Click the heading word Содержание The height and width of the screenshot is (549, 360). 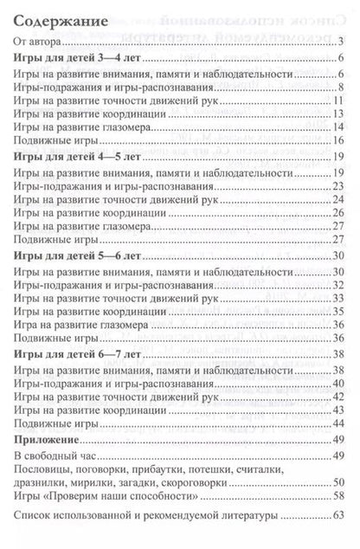tap(60, 22)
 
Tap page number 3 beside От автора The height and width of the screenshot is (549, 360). tap(343, 42)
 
